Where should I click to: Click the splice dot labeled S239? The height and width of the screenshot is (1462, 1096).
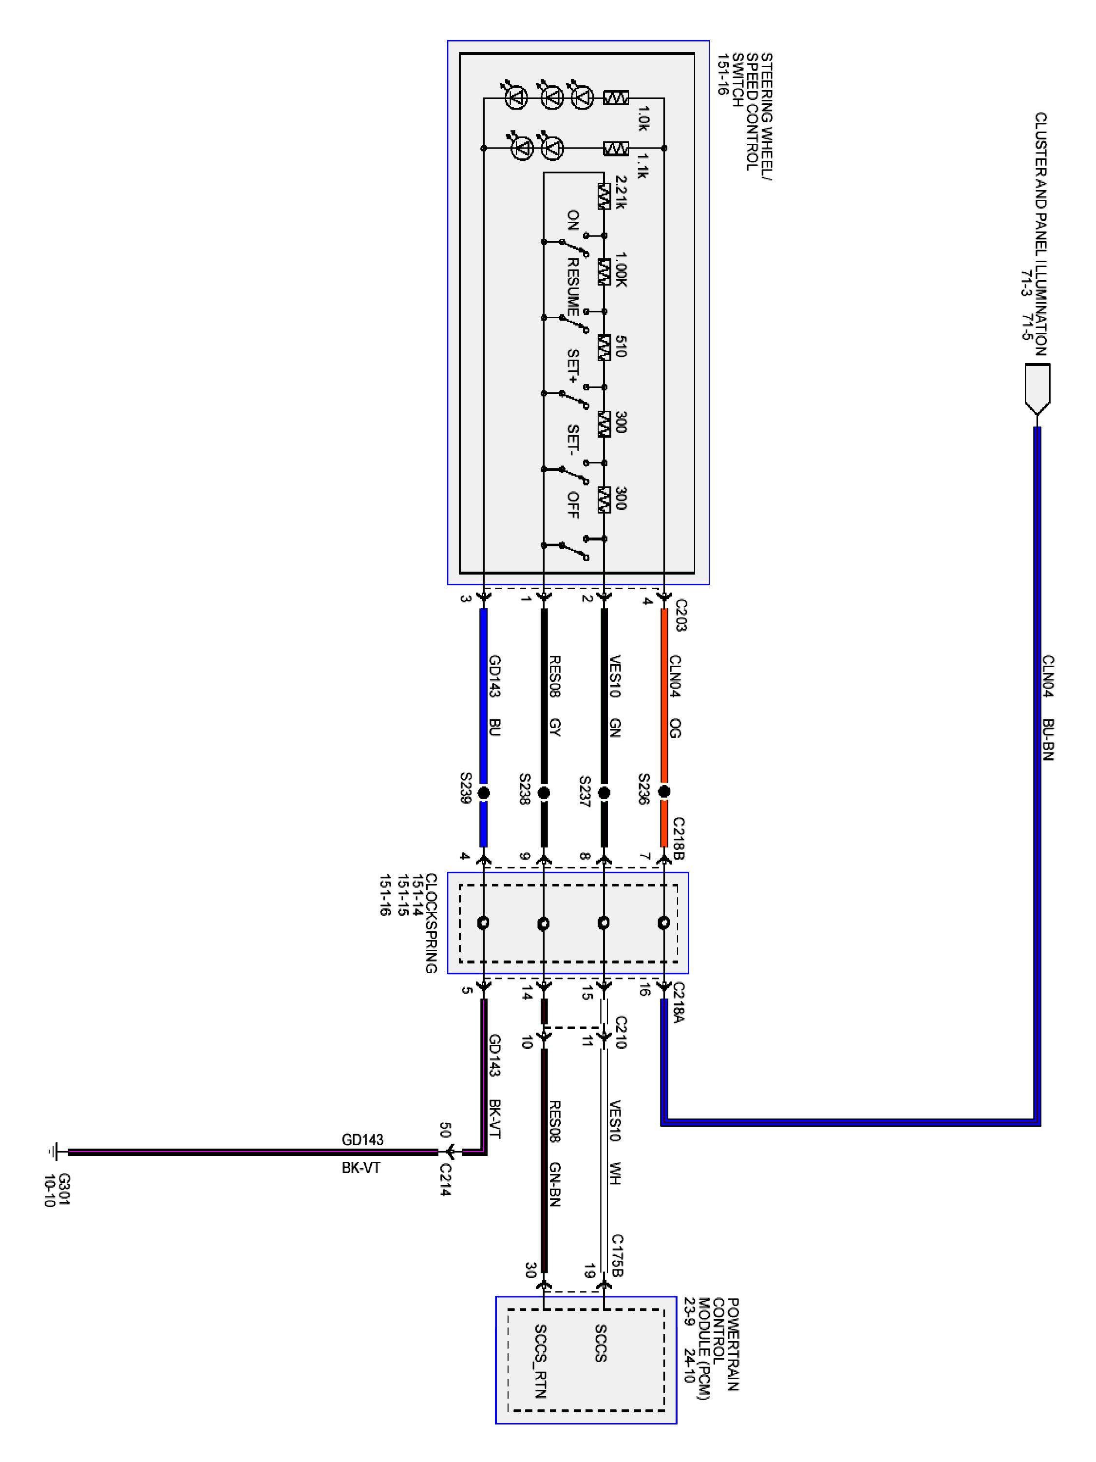pos(484,792)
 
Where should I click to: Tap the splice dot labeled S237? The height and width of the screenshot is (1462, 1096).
pos(604,792)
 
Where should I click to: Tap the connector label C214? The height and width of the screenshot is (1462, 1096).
pos(445,1180)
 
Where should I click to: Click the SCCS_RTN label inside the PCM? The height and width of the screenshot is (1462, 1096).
pos(540,1362)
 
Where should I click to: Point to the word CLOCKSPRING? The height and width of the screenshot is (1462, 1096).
pos(430,923)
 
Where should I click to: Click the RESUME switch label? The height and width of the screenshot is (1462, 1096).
pos(573,287)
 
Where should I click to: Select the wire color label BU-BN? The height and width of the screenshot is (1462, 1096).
pos(1048,740)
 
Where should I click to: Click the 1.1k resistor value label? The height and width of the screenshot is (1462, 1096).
pos(642,166)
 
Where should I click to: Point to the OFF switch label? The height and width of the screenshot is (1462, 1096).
pos(573,505)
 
